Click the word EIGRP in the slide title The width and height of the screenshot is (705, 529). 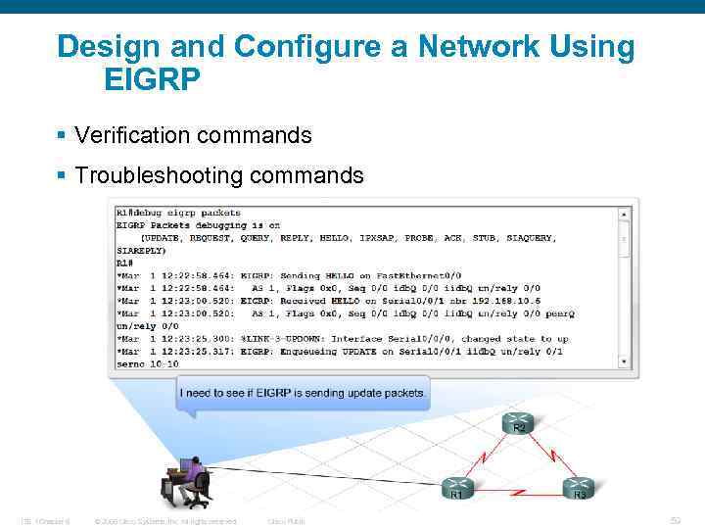pyautogui.click(x=152, y=79)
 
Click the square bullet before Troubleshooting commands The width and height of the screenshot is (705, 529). pyautogui.click(x=63, y=176)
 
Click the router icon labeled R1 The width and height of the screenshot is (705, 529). pyautogui.click(x=456, y=486)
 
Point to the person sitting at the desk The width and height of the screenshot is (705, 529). pyautogui.click(x=192, y=480)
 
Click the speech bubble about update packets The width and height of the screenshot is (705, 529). pyautogui.click(x=303, y=394)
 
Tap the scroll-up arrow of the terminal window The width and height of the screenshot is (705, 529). pyautogui.click(x=625, y=213)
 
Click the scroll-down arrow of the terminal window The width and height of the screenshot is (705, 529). pyautogui.click(x=625, y=360)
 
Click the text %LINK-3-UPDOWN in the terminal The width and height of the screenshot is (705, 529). pyautogui.click(x=284, y=338)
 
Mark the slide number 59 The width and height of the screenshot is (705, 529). pyautogui.click(x=676, y=520)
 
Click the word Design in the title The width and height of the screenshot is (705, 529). pyautogui.click(x=113, y=46)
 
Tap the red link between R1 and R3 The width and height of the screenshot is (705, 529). pyautogui.click(x=518, y=487)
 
